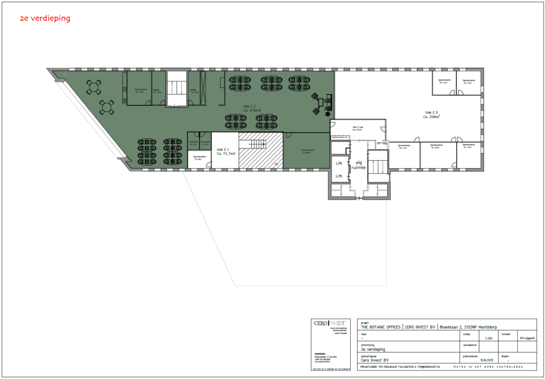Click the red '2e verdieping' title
tap(45, 18)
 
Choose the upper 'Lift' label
tap(338, 163)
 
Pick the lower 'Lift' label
tap(338, 176)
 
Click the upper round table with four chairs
tap(95, 87)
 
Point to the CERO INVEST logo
tap(330, 323)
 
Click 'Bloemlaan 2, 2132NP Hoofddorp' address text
tap(472, 327)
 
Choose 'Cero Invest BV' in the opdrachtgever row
tap(375, 360)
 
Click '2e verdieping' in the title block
tap(373, 349)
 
